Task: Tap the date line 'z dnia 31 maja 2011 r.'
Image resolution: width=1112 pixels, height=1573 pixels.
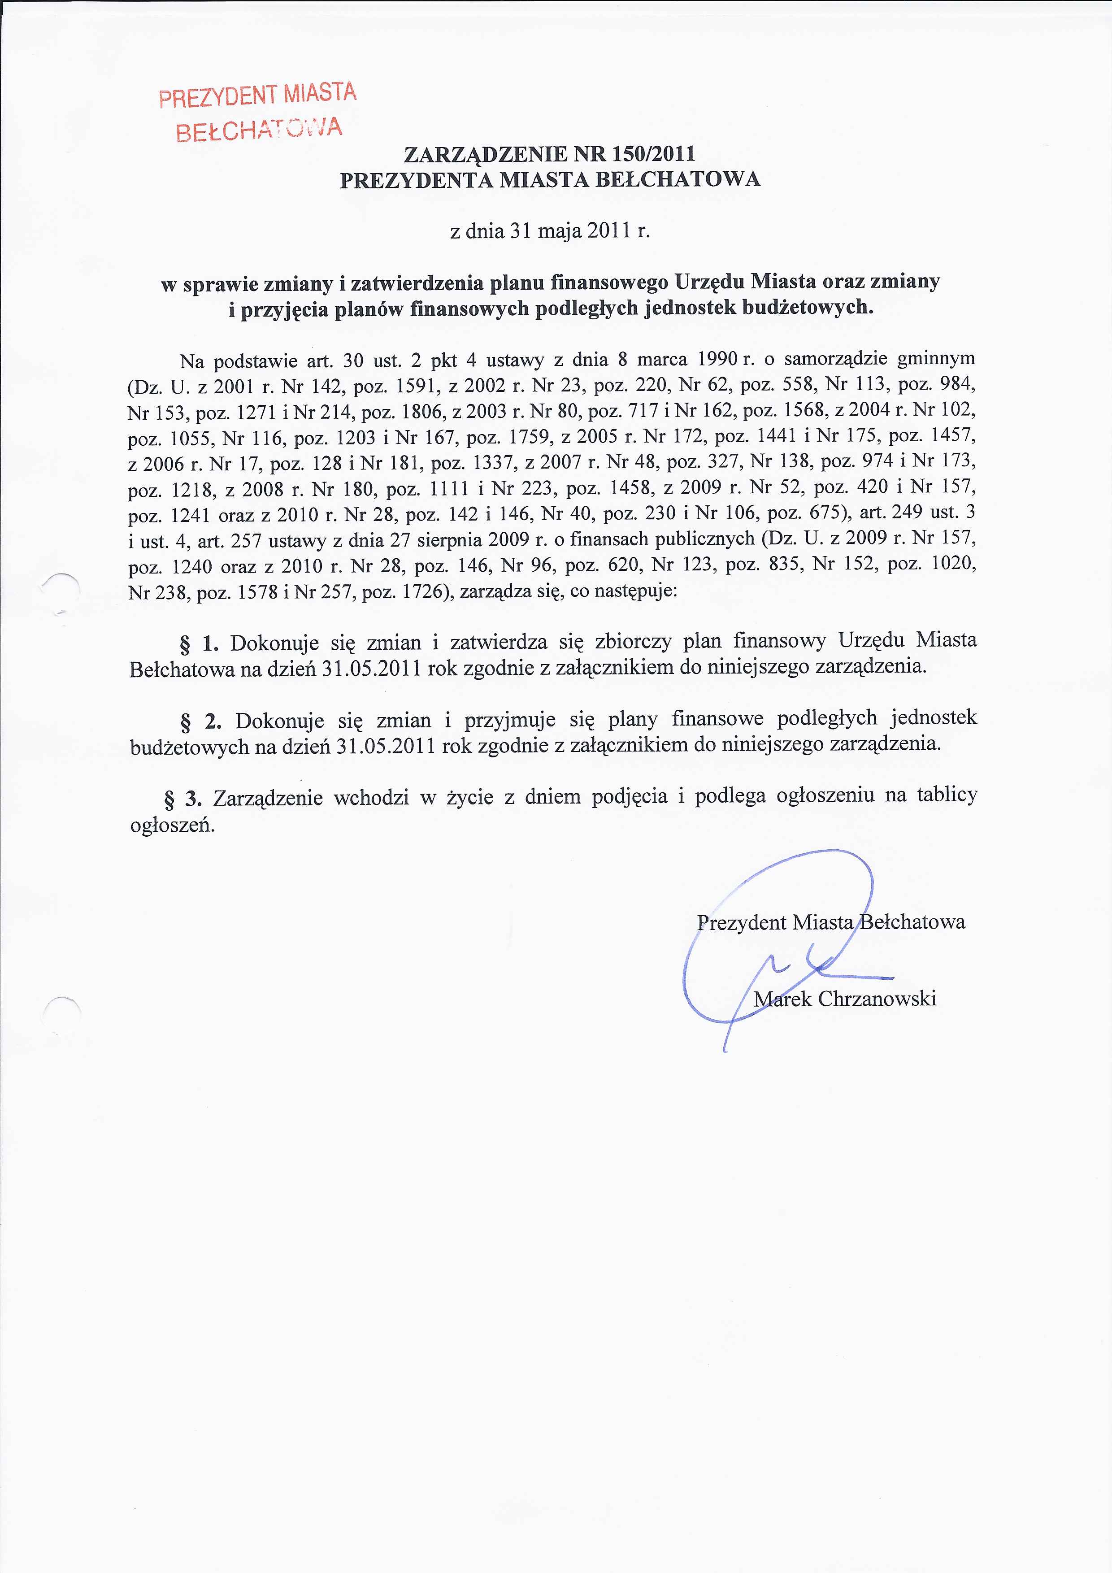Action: click(549, 231)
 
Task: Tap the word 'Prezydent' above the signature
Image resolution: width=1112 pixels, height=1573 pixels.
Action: click(741, 922)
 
